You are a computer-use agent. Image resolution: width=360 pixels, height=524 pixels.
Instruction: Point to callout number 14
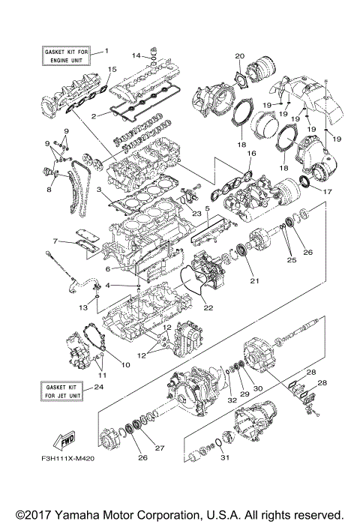pyautogui.click(x=136, y=55)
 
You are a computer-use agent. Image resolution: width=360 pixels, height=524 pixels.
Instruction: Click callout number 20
pyautogui.click(x=239, y=56)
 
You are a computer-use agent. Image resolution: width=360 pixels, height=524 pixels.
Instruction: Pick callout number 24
pyautogui.click(x=98, y=388)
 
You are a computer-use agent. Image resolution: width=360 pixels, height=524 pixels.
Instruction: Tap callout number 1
pyautogui.click(x=106, y=50)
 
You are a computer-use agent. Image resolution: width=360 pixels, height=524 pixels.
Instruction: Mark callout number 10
pyautogui.click(x=126, y=365)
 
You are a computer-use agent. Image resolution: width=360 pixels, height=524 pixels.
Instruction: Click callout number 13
pyautogui.click(x=84, y=308)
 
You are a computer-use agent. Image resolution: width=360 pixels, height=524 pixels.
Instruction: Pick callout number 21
pyautogui.click(x=254, y=281)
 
